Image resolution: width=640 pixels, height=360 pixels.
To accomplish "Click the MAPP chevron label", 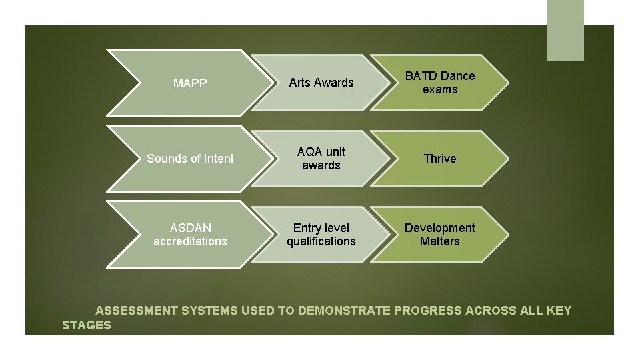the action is click(190, 83).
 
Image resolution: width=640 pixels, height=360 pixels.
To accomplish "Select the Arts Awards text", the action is click(321, 83).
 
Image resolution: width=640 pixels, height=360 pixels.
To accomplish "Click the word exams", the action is click(440, 89).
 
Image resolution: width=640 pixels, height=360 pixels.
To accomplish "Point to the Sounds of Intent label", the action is click(190, 159).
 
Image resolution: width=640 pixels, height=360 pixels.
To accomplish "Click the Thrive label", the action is click(440, 159).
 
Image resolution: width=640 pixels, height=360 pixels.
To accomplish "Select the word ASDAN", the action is click(190, 228).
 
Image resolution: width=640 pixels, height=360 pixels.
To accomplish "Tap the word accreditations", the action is click(190, 241).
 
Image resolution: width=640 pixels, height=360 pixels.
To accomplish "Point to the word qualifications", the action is click(321, 241).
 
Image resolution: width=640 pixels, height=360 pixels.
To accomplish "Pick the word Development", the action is click(440, 228).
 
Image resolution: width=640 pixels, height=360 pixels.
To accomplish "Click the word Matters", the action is click(440, 241).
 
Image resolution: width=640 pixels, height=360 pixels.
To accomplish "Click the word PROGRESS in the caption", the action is click(428, 311).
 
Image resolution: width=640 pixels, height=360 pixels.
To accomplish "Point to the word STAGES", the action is click(87, 325).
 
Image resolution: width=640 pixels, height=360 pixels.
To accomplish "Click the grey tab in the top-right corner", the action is click(565, 30).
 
